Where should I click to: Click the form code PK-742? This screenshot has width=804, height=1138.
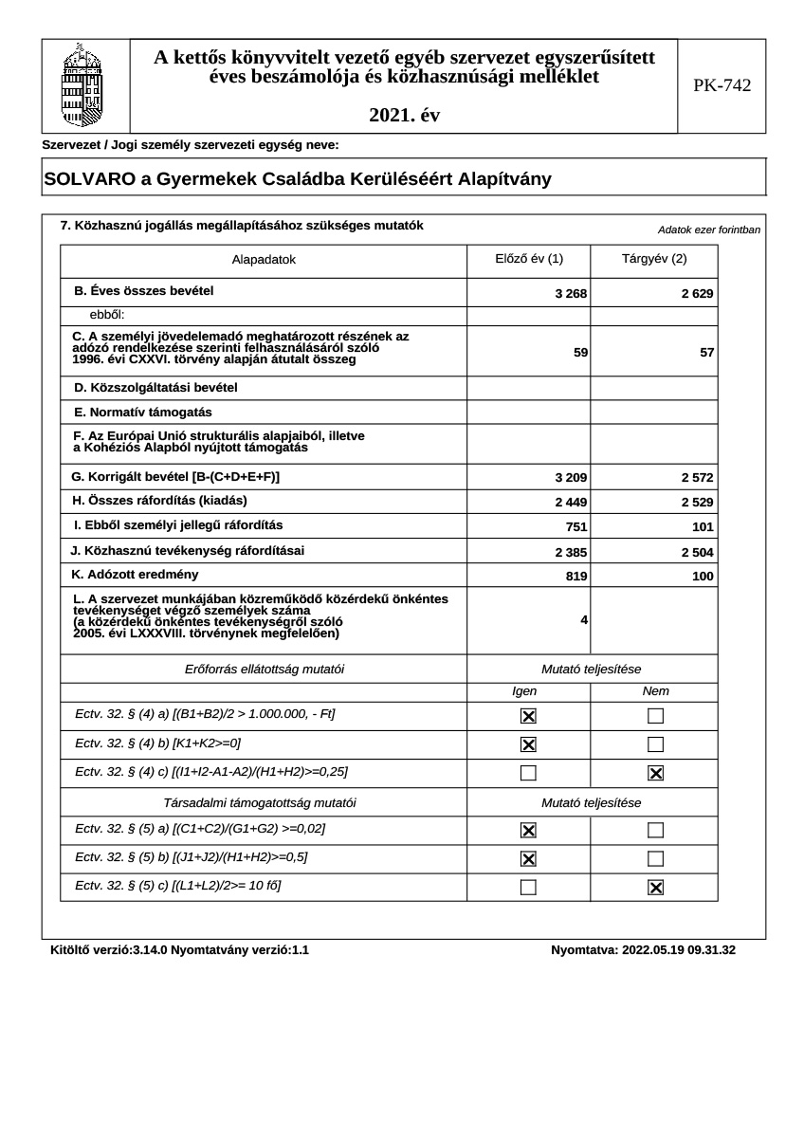pyautogui.click(x=722, y=86)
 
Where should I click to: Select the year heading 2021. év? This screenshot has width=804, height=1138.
pyautogui.click(x=404, y=116)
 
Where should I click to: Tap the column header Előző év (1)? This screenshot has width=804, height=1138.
pyautogui.click(x=529, y=259)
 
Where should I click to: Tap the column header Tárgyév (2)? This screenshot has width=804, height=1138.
pyautogui.click(x=654, y=259)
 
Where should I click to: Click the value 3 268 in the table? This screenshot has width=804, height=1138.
pyautogui.click(x=572, y=294)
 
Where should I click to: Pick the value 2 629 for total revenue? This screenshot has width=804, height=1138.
pyautogui.click(x=697, y=294)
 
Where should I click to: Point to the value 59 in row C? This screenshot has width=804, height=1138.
pyautogui.click(x=581, y=353)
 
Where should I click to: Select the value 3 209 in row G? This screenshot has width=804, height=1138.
pyautogui.click(x=572, y=478)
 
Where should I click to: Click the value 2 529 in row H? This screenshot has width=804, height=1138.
pyautogui.click(x=697, y=503)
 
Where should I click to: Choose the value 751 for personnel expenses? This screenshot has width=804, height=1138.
pyautogui.click(x=576, y=527)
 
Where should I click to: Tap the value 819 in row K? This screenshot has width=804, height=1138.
pyautogui.click(x=576, y=577)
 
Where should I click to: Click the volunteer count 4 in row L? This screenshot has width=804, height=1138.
pyautogui.click(x=584, y=620)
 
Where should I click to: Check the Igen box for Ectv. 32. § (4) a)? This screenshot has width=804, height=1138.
pyautogui.click(x=529, y=717)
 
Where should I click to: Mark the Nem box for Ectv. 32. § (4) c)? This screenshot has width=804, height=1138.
pyautogui.click(x=655, y=774)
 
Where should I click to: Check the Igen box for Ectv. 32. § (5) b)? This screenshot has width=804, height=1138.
pyautogui.click(x=529, y=859)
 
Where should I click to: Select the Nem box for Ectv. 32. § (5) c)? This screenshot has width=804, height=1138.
pyautogui.click(x=655, y=888)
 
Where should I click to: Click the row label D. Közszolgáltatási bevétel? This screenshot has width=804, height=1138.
pyautogui.click(x=155, y=388)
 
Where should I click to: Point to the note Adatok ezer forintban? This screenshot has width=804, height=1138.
pyautogui.click(x=709, y=230)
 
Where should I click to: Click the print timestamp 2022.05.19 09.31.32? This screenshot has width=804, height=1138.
pyautogui.click(x=678, y=949)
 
